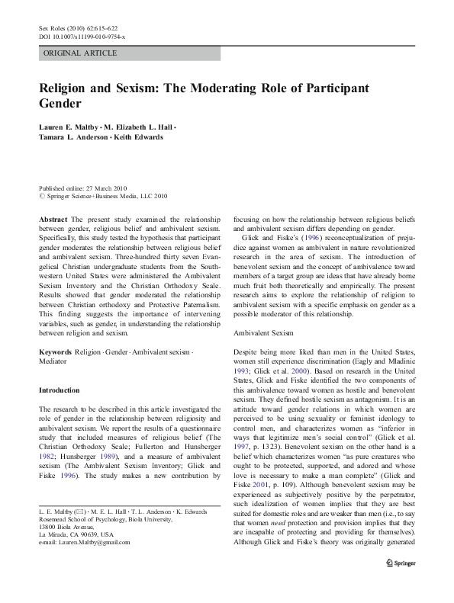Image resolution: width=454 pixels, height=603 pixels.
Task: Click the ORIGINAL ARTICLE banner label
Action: [80, 53]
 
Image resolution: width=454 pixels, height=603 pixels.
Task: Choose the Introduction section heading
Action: [59, 390]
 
